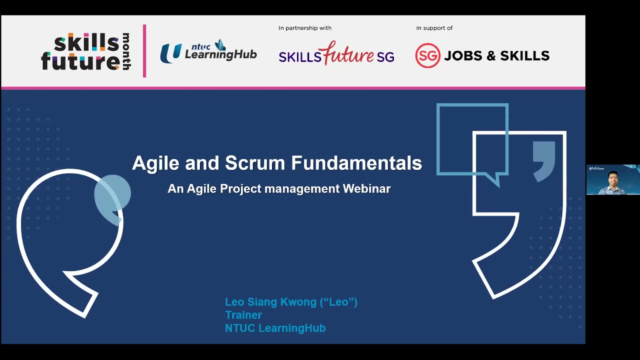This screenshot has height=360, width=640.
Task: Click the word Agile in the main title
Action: pyautogui.click(x=155, y=163)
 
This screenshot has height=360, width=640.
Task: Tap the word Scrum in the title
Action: pyautogui.click(x=255, y=163)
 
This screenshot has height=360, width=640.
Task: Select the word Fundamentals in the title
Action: pyautogui.click(x=356, y=163)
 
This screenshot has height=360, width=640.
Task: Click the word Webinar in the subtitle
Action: pyautogui.click(x=366, y=188)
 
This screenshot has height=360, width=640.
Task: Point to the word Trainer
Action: pyautogui.click(x=243, y=315)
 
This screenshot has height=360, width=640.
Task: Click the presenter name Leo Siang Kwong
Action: pyautogui.click(x=270, y=302)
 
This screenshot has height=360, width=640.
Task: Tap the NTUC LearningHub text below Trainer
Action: pyautogui.click(x=275, y=328)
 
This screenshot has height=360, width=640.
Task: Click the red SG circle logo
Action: pyautogui.click(x=427, y=55)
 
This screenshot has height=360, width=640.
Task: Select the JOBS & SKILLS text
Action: pyautogui.click(x=496, y=55)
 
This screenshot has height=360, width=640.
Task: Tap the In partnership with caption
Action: pyautogui.click(x=305, y=28)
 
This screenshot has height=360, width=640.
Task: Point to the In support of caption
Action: pyautogui.click(x=434, y=28)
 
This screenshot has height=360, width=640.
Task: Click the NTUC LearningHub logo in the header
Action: pyautogui.click(x=208, y=51)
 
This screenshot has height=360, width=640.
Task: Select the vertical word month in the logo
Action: pyautogui.click(x=126, y=51)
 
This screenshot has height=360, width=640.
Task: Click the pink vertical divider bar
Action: pyautogui.click(x=144, y=51)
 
